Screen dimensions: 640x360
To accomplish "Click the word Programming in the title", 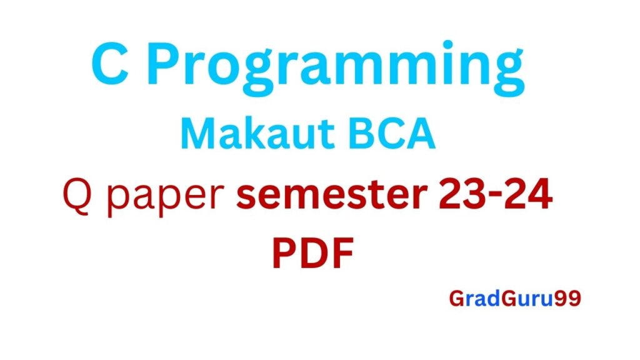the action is (x=336, y=67).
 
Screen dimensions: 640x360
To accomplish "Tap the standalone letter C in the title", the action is (x=110, y=64).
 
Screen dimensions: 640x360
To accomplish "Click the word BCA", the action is (x=392, y=134).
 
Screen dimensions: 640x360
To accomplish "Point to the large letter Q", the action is (x=77, y=195).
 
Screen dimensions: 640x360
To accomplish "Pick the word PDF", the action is (x=312, y=253).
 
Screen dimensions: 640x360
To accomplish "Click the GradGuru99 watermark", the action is (x=515, y=298).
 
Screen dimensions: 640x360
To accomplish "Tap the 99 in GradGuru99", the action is (x=567, y=298).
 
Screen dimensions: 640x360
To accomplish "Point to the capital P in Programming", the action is (x=164, y=64).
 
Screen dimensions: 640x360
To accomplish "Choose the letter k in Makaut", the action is (x=255, y=134).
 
